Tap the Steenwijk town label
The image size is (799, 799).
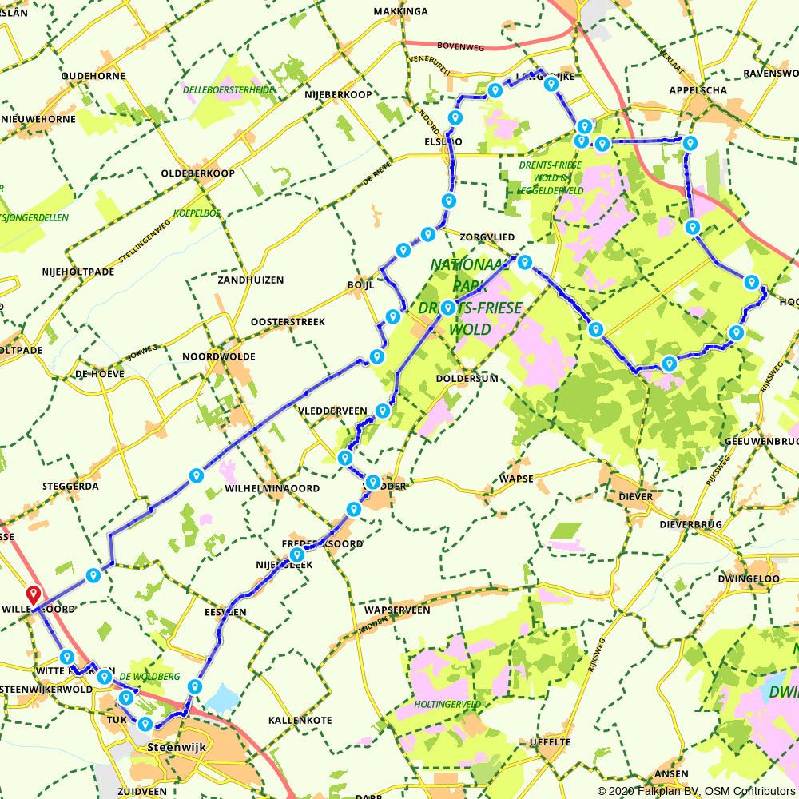click(173, 748)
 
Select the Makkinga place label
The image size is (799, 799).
click(401, 11)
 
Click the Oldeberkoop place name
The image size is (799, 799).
click(197, 173)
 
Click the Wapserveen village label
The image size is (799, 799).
click(397, 610)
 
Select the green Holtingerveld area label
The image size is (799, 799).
click(447, 705)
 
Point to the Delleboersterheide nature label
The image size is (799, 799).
click(229, 90)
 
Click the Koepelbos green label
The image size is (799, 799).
click(196, 213)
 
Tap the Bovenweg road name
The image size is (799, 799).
click(463, 46)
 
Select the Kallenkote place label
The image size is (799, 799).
click(300, 720)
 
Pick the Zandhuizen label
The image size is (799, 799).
click(250, 280)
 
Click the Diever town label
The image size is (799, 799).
click(635, 496)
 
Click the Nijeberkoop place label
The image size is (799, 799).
click(338, 94)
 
